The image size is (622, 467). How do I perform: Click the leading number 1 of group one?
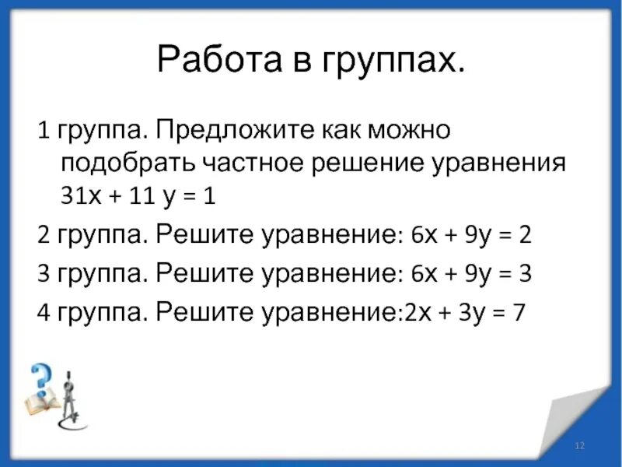pos(44,130)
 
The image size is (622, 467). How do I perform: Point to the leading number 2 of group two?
pos(44,236)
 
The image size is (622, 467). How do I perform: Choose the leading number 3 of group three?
pos(44,273)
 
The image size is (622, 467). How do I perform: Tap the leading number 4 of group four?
pos(44,313)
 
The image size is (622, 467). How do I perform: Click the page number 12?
pos(578,444)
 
